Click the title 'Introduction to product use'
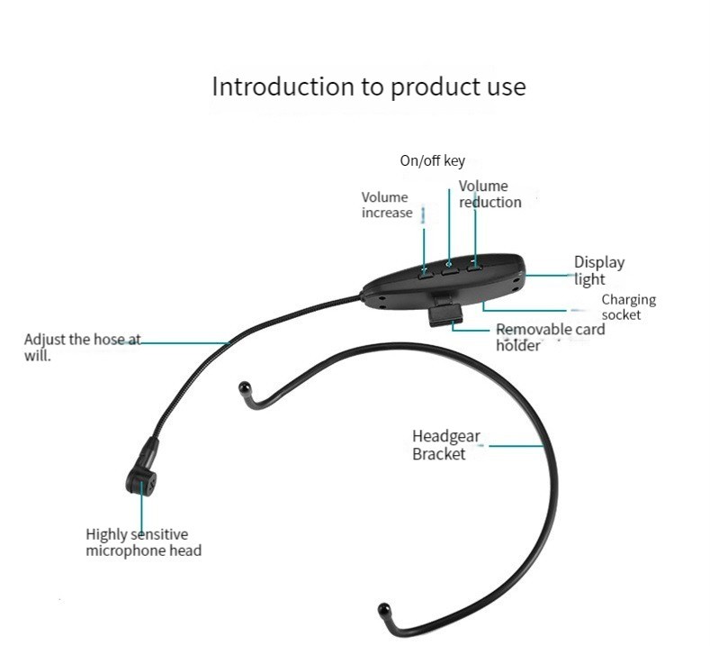(x=368, y=87)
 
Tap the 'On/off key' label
(x=432, y=161)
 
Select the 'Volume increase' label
(x=385, y=205)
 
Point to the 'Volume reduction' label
(x=490, y=194)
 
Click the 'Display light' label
(x=598, y=270)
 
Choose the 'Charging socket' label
(x=628, y=306)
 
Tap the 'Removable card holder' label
(x=550, y=337)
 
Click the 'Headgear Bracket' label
(x=446, y=445)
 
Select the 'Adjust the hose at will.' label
(x=82, y=347)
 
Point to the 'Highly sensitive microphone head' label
(x=143, y=542)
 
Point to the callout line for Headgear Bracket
(x=517, y=445)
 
